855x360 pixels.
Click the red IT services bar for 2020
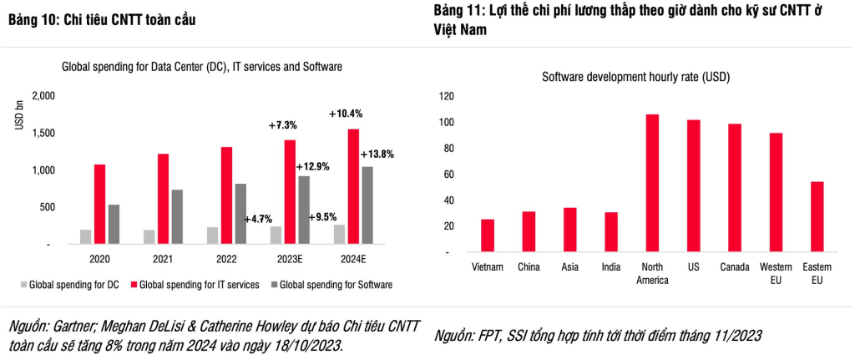pyautogui.click(x=99, y=204)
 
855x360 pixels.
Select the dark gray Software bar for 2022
pyautogui.click(x=240, y=214)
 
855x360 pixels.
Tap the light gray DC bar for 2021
pyautogui.click(x=149, y=236)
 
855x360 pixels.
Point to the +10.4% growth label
pyautogui.click(x=346, y=114)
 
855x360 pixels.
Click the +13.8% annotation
pyautogui.click(x=377, y=155)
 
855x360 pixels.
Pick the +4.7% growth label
pyautogui.click(x=259, y=219)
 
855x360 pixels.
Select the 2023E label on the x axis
pyautogui.click(x=289, y=260)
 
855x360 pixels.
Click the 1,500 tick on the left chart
pyautogui.click(x=43, y=134)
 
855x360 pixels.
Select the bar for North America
pyautogui.click(x=652, y=183)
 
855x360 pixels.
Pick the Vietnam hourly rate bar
pyautogui.click(x=488, y=236)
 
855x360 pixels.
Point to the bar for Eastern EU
pyautogui.click(x=817, y=217)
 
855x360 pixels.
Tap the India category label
pyautogui.click(x=611, y=267)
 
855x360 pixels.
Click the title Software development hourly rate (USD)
pyautogui.click(x=636, y=77)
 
